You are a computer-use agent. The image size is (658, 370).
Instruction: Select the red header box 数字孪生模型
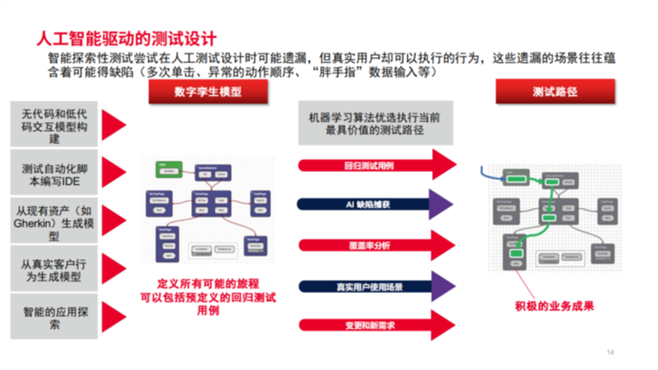(x=197, y=92)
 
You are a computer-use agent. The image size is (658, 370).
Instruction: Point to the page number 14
(x=610, y=352)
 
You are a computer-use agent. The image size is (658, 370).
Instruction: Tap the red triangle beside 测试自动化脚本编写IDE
(x=113, y=172)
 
